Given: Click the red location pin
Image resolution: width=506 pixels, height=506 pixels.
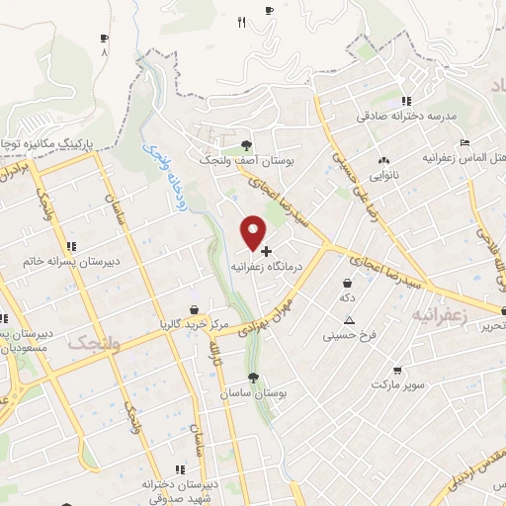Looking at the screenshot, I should click(254, 233).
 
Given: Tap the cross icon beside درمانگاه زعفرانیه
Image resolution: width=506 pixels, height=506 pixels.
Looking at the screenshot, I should click(266, 251).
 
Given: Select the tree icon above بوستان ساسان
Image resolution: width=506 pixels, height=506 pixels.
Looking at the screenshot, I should click(254, 378).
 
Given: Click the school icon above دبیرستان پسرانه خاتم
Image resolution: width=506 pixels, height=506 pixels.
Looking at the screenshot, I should click(69, 246).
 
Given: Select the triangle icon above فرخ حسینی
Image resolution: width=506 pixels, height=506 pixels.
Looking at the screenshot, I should click(349, 320).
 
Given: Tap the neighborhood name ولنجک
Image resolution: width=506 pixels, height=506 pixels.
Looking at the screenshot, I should click(94, 343).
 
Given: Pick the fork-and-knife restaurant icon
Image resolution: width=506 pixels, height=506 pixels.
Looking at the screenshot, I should click(241, 22).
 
